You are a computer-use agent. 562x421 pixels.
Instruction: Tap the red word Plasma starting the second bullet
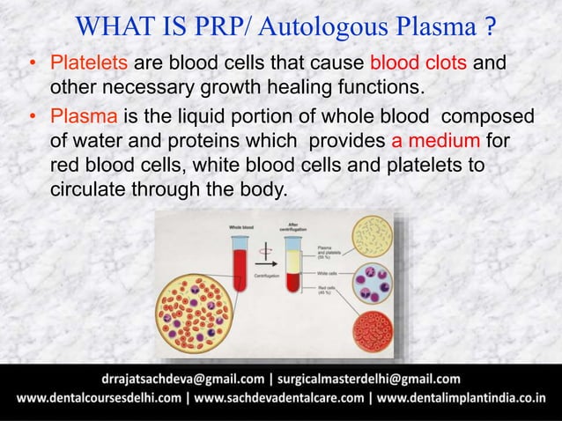coord(84,119)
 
